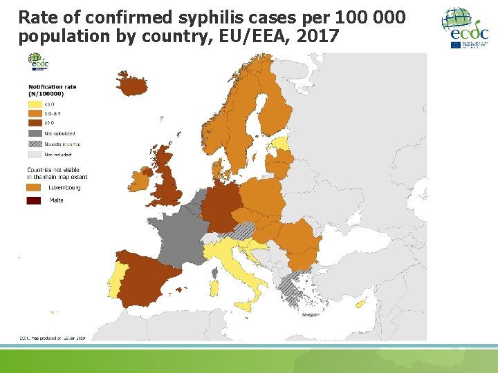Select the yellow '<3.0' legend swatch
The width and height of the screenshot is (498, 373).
point(35,104)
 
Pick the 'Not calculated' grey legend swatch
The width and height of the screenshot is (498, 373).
point(35,133)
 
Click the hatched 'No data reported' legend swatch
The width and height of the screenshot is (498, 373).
point(35,144)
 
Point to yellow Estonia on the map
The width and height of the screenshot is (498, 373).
point(279,144)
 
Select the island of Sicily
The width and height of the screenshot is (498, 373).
point(246,305)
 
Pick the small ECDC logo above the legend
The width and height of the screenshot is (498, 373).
point(40,64)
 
